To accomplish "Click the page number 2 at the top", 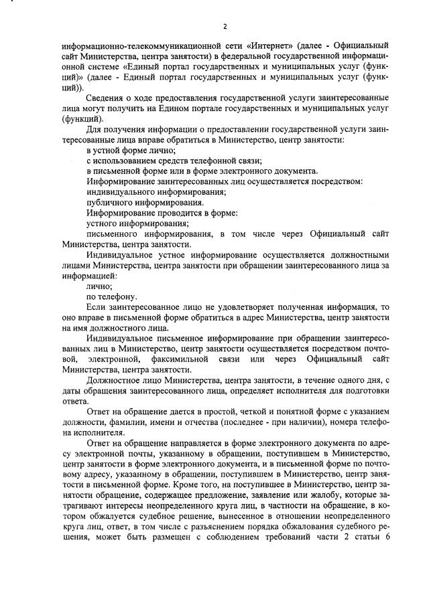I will coord(225,27).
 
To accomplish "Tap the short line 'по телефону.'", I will coord(112,296).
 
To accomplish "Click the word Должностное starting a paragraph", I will coord(114,379).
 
